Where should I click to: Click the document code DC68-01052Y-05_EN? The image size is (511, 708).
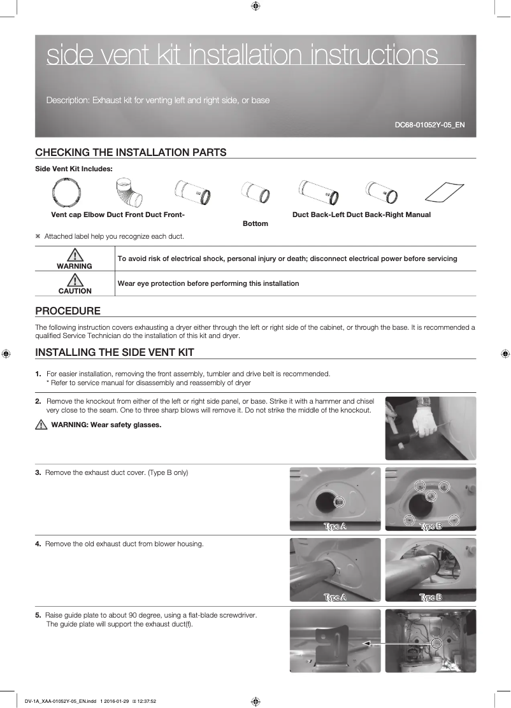tap(429, 125)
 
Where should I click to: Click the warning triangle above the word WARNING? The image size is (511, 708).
tap(75, 254)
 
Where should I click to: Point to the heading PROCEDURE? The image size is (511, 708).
tap(68, 311)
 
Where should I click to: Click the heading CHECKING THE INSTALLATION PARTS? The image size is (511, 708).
tap(131, 152)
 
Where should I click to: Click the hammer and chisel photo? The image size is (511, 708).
tap(430, 428)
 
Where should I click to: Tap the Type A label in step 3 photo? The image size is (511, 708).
tap(335, 527)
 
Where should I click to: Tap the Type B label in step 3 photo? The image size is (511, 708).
tap(430, 527)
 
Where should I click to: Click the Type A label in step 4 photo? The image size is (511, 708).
tap(335, 597)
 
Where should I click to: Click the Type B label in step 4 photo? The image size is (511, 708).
tap(430, 597)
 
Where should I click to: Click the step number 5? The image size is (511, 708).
tap(38, 615)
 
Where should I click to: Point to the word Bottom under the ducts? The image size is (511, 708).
tap(255, 223)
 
